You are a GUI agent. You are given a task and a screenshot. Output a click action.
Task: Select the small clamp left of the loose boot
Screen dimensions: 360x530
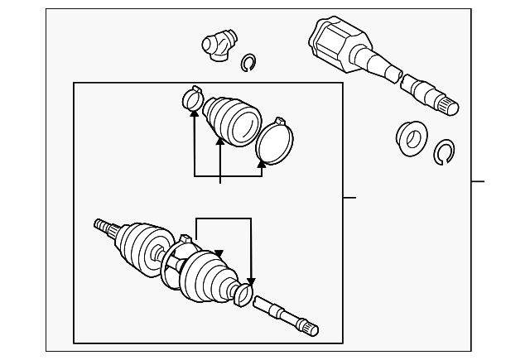[x=191, y=100]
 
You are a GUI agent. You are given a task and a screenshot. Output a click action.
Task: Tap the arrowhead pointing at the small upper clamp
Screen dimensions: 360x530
[x=194, y=114]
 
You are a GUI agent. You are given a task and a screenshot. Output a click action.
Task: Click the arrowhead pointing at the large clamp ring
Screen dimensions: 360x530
[x=262, y=164]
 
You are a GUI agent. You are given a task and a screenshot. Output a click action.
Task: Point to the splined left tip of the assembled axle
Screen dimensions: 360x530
[x=101, y=223]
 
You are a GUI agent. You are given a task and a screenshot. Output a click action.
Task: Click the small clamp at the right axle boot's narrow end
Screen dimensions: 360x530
[x=243, y=293]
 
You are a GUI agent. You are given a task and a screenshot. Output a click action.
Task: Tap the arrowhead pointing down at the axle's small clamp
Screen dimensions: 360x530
[x=252, y=283]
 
